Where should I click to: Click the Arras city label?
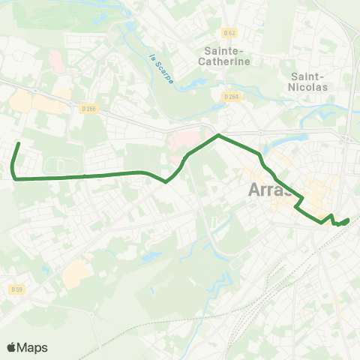point(271,191)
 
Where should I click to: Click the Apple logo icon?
point(12,347)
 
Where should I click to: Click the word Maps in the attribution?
point(32,347)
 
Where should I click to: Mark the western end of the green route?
point(18,142)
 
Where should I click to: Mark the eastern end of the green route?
point(348,220)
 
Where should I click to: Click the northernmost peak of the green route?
point(218,135)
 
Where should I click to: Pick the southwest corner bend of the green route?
point(14,178)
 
